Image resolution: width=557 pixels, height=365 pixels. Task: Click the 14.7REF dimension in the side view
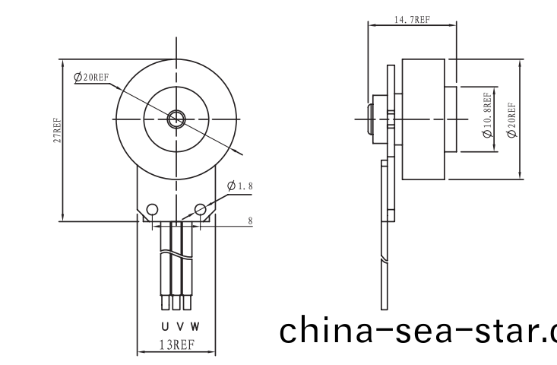pyautogui.click(x=413, y=19)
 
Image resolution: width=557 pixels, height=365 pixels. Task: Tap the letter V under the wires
pyautogui.click(x=179, y=325)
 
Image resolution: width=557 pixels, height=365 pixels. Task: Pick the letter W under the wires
pyautogui.click(x=195, y=325)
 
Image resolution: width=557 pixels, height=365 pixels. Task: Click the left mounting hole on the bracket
pyautogui.click(x=153, y=209)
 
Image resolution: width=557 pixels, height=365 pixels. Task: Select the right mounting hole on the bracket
pyautogui.click(x=201, y=209)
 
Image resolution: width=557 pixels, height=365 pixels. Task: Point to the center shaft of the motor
pyautogui.click(x=177, y=118)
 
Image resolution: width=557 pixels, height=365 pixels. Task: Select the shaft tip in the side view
pyautogui.click(x=372, y=119)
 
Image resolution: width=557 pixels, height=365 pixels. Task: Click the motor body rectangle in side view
pyautogui.click(x=422, y=119)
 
